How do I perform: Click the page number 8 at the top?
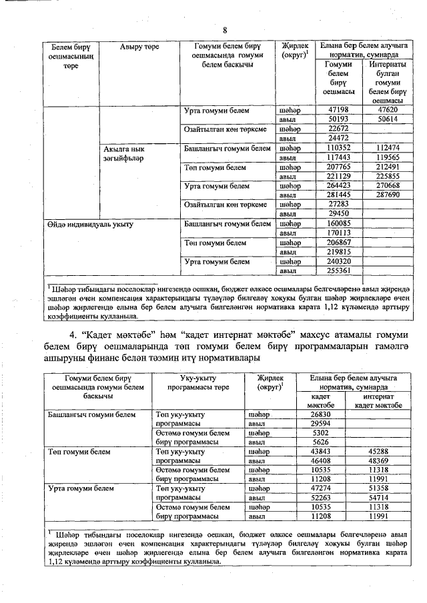(226, 31)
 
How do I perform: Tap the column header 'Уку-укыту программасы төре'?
(195, 384)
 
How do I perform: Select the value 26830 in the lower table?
(321, 414)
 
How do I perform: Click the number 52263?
(321, 498)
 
